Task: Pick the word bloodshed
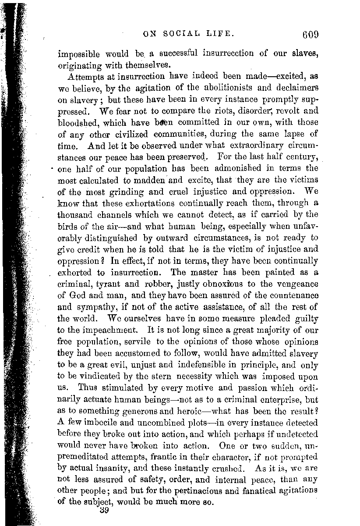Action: click(77, 123)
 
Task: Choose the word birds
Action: click(68, 226)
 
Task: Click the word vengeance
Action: click(295, 272)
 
